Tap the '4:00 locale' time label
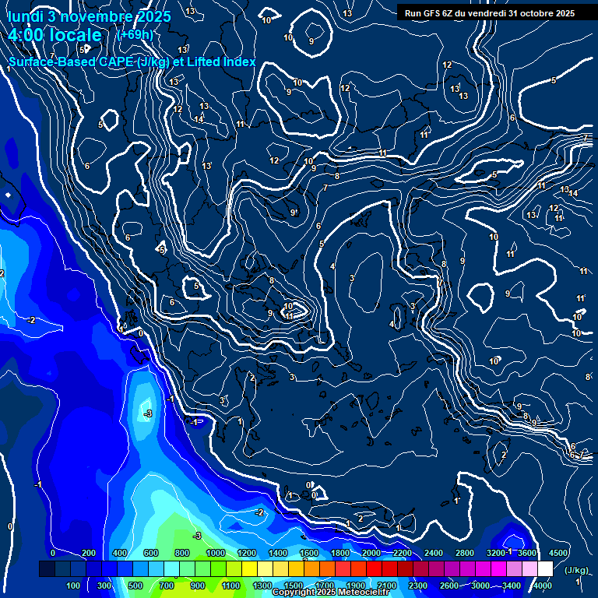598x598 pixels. [x=55, y=36]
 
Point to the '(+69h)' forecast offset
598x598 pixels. [x=134, y=35]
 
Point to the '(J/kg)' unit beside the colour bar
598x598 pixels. [x=576, y=570]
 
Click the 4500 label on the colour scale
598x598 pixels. [x=558, y=553]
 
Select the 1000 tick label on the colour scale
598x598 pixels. [x=215, y=553]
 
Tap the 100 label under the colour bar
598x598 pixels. [x=72, y=586]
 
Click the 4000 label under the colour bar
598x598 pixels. [x=542, y=586]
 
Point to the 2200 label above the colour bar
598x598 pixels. [x=403, y=553]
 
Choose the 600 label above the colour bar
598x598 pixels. [x=152, y=553]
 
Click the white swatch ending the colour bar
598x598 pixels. [x=545, y=569]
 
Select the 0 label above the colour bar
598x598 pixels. [x=53, y=553]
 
